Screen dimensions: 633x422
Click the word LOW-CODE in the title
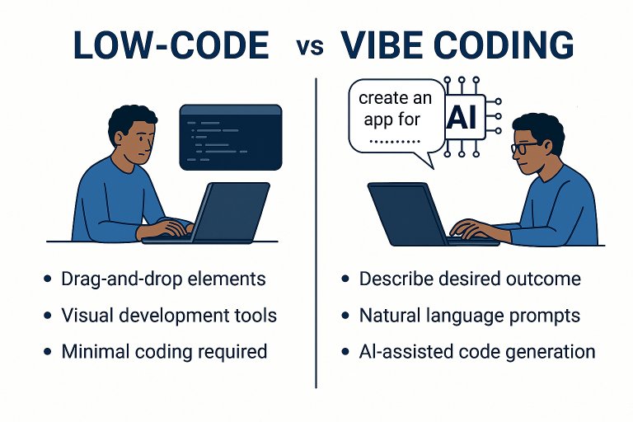[171, 45]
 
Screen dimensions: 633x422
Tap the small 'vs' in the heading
[310, 47]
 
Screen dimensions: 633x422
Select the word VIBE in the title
[382, 45]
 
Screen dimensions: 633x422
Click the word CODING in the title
[504, 45]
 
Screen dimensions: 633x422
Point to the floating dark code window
[231, 138]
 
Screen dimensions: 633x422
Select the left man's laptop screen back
[232, 212]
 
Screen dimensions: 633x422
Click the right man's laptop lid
[407, 213]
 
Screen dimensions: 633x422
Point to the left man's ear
[119, 138]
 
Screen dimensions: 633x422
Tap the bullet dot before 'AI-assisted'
[345, 351]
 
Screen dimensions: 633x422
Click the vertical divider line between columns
[316, 233]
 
